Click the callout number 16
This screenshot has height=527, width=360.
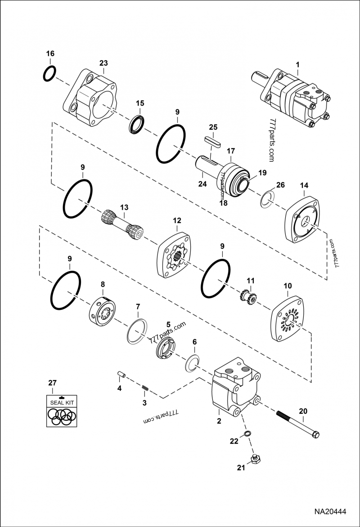tap(50, 54)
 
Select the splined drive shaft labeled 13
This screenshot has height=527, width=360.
tap(121, 226)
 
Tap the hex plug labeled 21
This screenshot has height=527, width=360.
tap(255, 460)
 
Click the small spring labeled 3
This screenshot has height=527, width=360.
tap(145, 388)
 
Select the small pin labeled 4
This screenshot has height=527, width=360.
tap(120, 374)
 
